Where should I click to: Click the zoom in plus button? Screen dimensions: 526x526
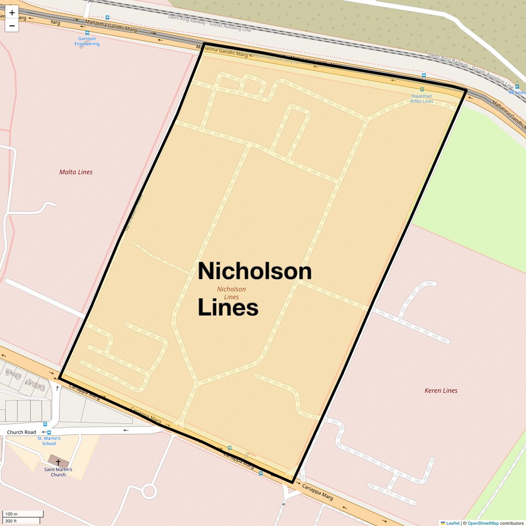coord(12,12)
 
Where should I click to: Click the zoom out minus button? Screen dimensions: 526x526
coord(12,25)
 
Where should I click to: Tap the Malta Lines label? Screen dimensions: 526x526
coord(76,172)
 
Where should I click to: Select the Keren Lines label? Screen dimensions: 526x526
coord(441,390)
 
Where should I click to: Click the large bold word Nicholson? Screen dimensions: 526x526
coord(255,271)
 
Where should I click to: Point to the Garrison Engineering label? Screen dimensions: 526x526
coord(87,42)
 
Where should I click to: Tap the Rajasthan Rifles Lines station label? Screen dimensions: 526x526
coord(422,99)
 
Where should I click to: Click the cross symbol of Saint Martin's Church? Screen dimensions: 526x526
coord(58,462)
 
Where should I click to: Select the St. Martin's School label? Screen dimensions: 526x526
coord(49,441)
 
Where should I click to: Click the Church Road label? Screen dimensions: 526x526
coord(21,432)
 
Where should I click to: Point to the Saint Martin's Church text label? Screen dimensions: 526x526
coord(58,472)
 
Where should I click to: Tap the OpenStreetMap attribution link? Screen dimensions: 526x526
coord(483,523)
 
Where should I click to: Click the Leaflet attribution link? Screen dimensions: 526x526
coord(453,523)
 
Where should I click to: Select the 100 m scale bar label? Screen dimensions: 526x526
coord(11,514)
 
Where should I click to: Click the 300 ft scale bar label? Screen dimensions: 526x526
coord(11,521)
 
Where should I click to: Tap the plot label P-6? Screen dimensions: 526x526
coord(9,372)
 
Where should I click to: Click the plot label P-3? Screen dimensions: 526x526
coord(42,387)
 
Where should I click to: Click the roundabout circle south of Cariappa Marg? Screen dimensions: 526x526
coord(149,491)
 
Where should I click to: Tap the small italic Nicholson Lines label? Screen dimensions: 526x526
coord(232,293)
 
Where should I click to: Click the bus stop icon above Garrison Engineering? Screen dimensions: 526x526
coord(87,33)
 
